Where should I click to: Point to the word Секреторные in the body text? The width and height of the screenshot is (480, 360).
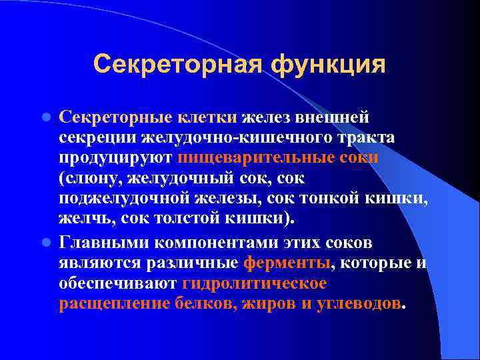pos(116,117)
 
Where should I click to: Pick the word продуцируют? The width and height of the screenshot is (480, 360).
pos(116,158)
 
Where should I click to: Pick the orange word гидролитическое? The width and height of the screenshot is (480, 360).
pos(254,283)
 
